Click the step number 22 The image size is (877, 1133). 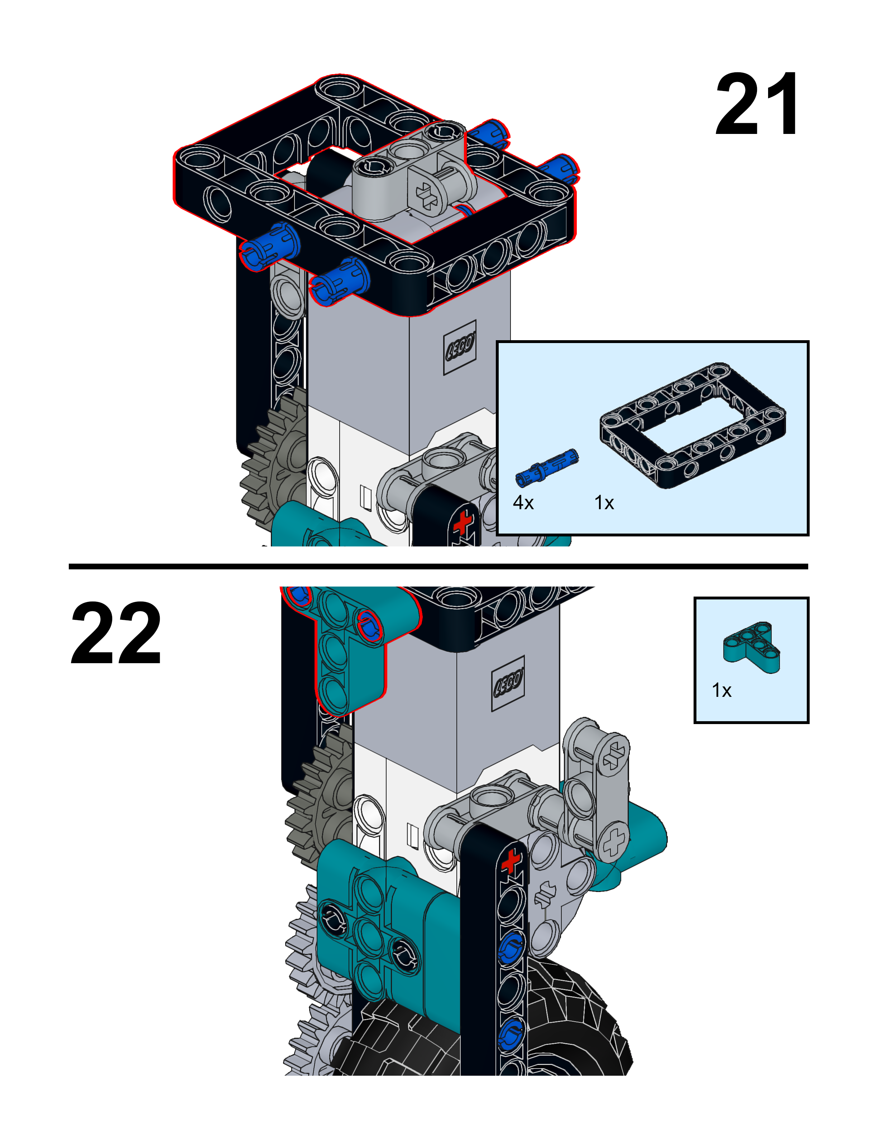click(x=115, y=633)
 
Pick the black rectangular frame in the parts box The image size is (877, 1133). click(x=693, y=425)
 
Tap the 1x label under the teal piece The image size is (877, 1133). click(x=721, y=690)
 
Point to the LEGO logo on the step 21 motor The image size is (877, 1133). click(x=460, y=347)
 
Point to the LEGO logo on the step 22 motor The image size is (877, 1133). click(x=508, y=683)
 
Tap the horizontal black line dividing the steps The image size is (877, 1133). click(x=438, y=566)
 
